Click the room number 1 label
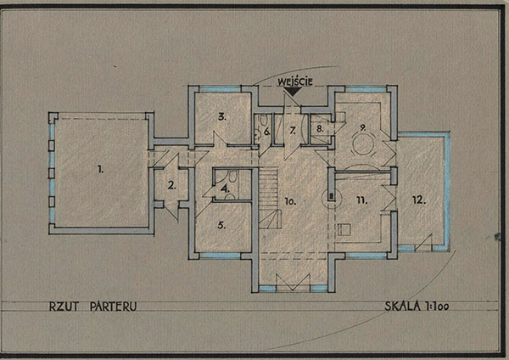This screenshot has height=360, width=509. coord(101,169)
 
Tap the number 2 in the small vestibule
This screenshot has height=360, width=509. coord(172,186)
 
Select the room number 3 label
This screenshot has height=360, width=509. coord(222,116)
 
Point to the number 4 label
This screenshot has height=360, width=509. coord(225,188)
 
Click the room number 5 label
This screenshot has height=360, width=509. coord(221,225)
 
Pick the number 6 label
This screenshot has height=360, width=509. coord(267,132)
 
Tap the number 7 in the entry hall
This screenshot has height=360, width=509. coord(293,131)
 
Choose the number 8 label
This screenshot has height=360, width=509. coord(320,129)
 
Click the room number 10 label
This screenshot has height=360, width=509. coord(290,201)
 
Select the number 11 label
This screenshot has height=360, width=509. coord(362,200)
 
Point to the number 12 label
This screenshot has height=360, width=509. coord(419,200)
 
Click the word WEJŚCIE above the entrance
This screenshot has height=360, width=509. coord(294,82)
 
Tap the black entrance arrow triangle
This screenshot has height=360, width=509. coord(293,92)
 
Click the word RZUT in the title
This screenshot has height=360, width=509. coord(64,307)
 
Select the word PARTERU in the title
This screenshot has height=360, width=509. coord(114,307)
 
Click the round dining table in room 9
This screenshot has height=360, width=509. coord(364,144)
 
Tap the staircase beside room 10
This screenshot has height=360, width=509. coord(270,198)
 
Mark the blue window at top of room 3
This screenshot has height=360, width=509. coord(220,88)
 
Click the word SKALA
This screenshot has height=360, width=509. coord(402,306)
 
